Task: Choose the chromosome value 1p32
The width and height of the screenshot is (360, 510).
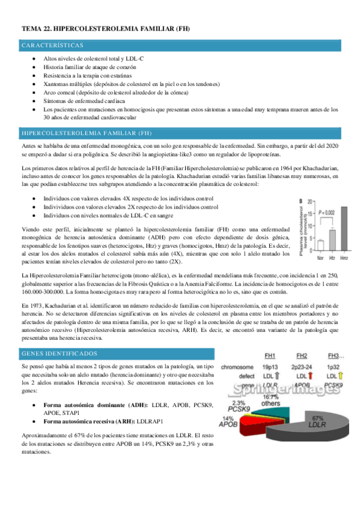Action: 333,365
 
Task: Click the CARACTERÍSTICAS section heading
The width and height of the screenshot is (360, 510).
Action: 52,45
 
